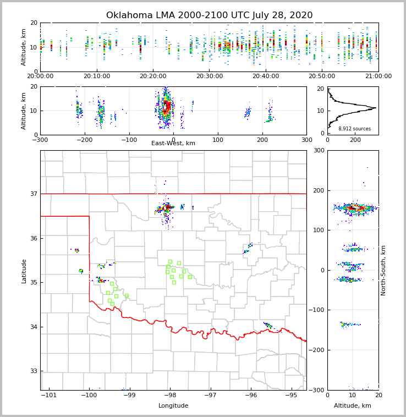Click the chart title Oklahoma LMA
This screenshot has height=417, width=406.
(209, 15)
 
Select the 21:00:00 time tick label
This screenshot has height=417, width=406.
(378, 76)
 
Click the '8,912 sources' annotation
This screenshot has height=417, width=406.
(354, 129)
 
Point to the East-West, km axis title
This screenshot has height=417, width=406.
(173, 144)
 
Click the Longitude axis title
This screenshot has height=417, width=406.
(173, 406)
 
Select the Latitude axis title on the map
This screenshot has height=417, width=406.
(24, 271)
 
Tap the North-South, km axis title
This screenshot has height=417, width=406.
(383, 270)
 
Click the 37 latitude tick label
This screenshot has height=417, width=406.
(33, 194)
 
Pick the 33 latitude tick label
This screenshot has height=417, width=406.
(33, 371)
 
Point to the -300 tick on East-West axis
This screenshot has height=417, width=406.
(40, 140)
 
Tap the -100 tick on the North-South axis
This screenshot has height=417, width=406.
(317, 310)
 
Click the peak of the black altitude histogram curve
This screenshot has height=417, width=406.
(375, 108)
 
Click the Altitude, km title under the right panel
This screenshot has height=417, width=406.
(353, 406)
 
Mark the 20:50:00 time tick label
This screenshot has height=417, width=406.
(322, 76)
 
